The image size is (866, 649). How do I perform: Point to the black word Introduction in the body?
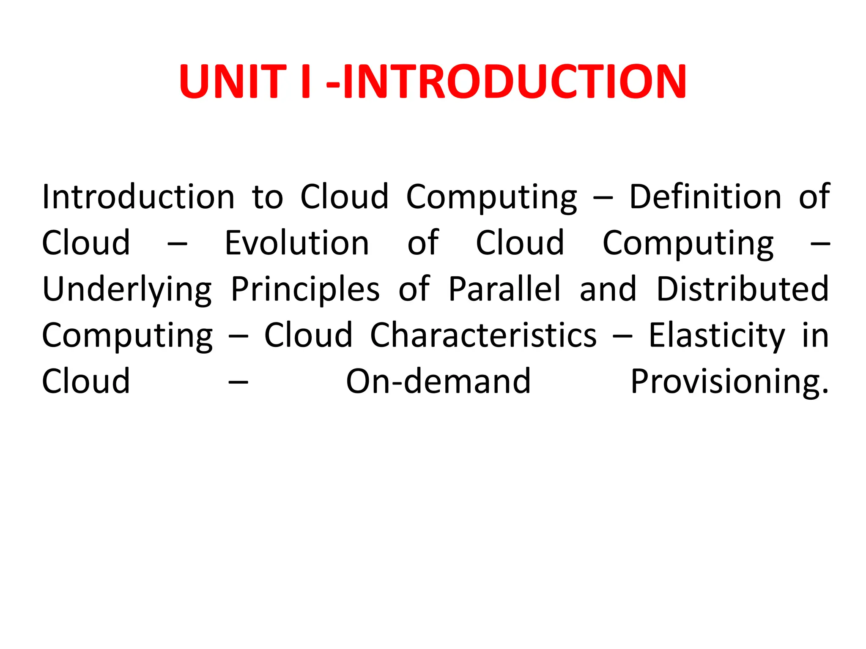coord(138,197)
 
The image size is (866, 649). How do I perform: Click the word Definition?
coord(705,197)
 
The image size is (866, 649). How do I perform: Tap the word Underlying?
coord(127,290)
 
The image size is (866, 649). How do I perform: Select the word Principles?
coord(305,290)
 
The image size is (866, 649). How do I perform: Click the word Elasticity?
coord(717,336)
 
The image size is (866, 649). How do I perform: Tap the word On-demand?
coord(438,381)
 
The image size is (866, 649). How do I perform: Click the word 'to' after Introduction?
coord(267,198)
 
